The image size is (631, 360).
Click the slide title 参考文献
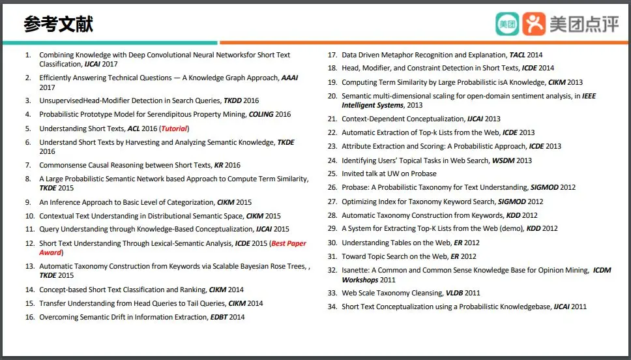pyautogui.click(x=59, y=24)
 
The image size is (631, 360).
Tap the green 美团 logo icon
pyautogui.click(x=508, y=24)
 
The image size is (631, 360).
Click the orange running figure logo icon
pyautogui.click(x=535, y=24)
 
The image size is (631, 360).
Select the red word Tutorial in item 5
pyautogui.click(x=174, y=128)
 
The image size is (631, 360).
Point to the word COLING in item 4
pyautogui.click(x=261, y=114)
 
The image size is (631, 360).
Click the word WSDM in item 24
pyautogui.click(x=501, y=160)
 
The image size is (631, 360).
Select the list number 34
pyautogui.click(x=332, y=307)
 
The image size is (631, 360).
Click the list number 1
pyautogui.click(x=28, y=55)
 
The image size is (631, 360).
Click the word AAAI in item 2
pyautogui.click(x=289, y=78)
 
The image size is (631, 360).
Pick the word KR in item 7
pyautogui.click(x=219, y=165)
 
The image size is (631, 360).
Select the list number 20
pyautogui.click(x=332, y=96)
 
